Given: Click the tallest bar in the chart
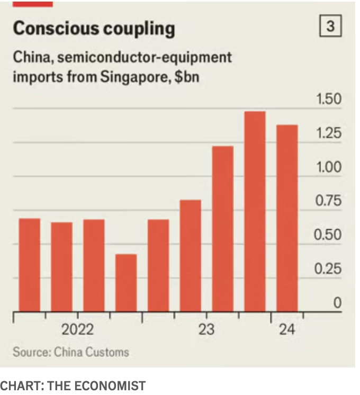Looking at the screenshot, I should point(255,212).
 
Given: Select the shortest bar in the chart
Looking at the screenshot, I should point(126,283).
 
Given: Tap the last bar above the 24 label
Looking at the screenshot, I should point(287,218).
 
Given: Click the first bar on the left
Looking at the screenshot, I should point(30,265).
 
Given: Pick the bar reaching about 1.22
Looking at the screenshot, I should point(222,229).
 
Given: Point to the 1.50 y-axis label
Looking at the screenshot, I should point(329,100).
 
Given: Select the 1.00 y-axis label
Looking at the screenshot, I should point(329,167).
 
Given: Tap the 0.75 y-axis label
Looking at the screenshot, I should point(329,201).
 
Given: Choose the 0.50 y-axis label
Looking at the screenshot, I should point(329,235).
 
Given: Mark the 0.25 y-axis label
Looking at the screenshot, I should point(329,269).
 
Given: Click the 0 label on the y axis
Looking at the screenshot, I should point(337,303).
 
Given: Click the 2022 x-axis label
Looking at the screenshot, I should point(77,330).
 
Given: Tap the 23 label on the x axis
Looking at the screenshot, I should point(206,330).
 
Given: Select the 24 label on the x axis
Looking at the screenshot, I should point(287,330).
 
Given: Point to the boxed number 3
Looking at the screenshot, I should point(331,26).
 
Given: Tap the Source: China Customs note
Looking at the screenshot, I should point(71,352).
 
